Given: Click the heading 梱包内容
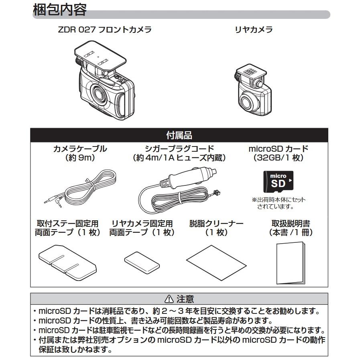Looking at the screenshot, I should (x=59, y=10).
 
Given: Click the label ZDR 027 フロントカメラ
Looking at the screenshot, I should (x=104, y=30).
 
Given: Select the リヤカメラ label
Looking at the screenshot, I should (x=253, y=30).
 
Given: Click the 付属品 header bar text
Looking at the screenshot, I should (x=179, y=135).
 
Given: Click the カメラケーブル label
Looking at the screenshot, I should (x=80, y=149).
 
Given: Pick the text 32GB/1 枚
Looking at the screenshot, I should (x=279, y=158).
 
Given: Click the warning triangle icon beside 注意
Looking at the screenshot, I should (x=168, y=299).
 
